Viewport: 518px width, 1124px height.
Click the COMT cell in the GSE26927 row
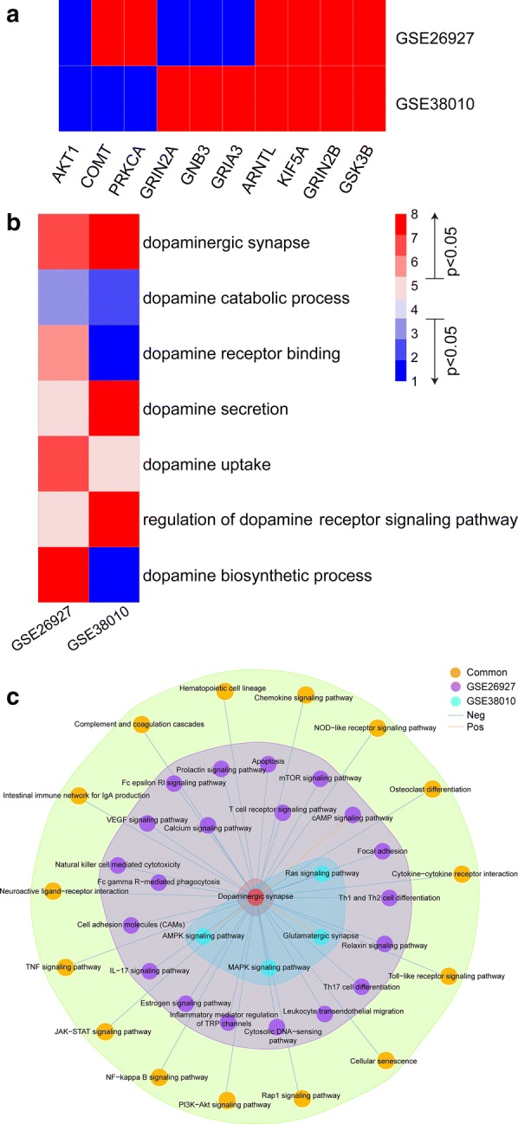pos(107,33)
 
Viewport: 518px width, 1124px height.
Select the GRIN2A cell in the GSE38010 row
pos(172,99)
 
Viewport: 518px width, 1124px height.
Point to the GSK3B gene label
pos(355,170)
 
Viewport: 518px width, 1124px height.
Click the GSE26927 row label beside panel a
pos(435,38)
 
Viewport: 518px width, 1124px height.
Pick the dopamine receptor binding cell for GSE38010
pos(114,352)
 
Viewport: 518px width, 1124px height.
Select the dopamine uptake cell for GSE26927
pos(64,463)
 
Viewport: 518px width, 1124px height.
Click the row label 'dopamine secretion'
pos(216,409)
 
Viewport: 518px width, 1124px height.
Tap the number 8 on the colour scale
pos(414,214)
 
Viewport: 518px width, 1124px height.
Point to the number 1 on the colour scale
pos(414,381)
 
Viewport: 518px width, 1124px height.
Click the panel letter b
pos(13,223)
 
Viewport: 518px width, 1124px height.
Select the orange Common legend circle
pos(456,672)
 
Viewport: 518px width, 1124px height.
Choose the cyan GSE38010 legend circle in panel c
pos(456,701)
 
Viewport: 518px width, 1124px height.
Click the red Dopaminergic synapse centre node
pos(256,897)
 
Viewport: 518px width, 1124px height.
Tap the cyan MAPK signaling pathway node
pos(269,968)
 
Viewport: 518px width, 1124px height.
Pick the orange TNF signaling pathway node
pos(65,967)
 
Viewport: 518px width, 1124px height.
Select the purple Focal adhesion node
pos(383,851)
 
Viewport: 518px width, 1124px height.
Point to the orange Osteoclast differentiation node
pos(432,789)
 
